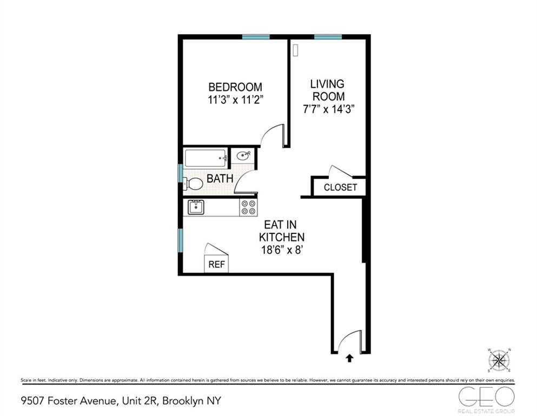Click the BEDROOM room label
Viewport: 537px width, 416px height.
click(235, 87)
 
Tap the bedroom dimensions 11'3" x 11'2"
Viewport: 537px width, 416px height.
click(235, 99)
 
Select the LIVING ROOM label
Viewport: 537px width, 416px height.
click(327, 90)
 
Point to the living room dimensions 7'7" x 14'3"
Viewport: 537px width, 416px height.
click(328, 108)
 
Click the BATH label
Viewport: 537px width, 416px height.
click(220, 178)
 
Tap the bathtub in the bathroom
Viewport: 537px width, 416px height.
click(206, 158)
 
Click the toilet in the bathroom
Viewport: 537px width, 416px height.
click(193, 184)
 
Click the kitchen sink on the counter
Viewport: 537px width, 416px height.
click(195, 207)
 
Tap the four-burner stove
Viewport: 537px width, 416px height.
click(248, 207)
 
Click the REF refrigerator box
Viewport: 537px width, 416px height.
click(216, 265)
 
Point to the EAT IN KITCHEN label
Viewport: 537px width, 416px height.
click(281, 231)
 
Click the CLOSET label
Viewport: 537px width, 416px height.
click(340, 187)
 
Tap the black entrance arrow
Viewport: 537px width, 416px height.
click(349, 357)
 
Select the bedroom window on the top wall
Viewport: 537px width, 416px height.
click(256, 37)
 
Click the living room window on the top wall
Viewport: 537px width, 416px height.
click(328, 37)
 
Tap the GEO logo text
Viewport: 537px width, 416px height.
click(486, 396)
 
